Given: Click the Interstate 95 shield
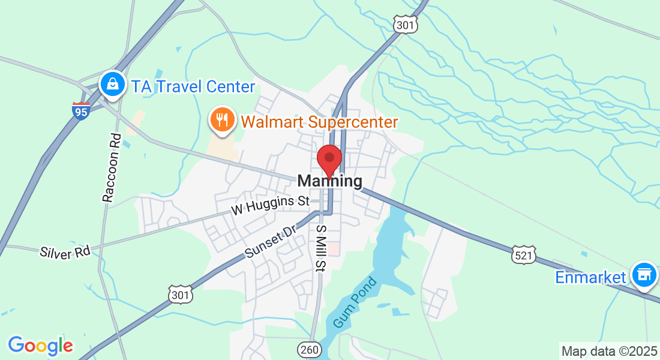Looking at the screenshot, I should point(80,111).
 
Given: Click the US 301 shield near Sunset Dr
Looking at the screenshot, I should point(181,294).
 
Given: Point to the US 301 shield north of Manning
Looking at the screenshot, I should point(404,24).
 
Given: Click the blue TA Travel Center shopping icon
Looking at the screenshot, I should point(112,85).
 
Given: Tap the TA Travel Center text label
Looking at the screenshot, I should point(193,86).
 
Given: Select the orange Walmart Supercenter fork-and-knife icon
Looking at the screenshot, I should point(222,120).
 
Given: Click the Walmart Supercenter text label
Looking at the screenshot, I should point(319,122).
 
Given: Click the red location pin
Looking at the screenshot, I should point(329,160).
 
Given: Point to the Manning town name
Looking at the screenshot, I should point(329,181).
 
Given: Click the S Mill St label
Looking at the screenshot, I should point(321,248).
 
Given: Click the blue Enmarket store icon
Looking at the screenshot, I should point(644,275).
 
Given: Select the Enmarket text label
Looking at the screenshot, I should point(590,277).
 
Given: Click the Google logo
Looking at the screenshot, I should point(40,346).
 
